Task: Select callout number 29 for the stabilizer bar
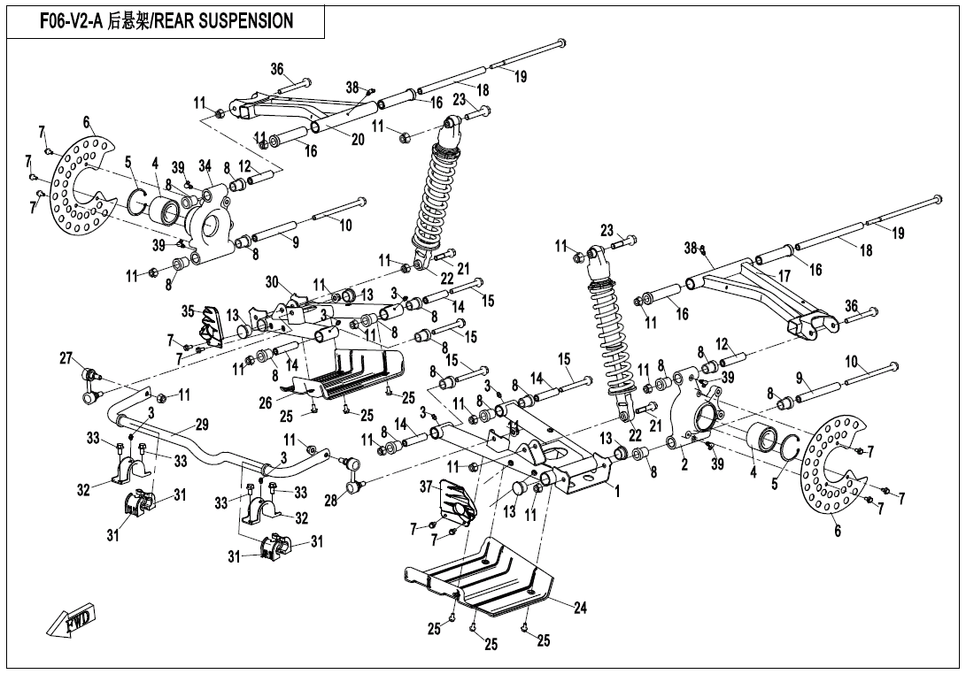pyautogui.click(x=202, y=425)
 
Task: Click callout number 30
pyautogui.click(x=273, y=282)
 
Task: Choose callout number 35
pyautogui.click(x=188, y=311)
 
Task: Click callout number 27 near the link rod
pyautogui.click(x=66, y=358)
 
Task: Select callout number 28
pyautogui.click(x=330, y=501)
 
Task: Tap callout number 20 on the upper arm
pyautogui.click(x=358, y=140)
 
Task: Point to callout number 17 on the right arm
pyautogui.click(x=784, y=277)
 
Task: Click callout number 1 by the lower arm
pyautogui.click(x=616, y=489)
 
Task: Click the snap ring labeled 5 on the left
pyautogui.click(x=136, y=203)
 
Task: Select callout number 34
pyautogui.click(x=205, y=165)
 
